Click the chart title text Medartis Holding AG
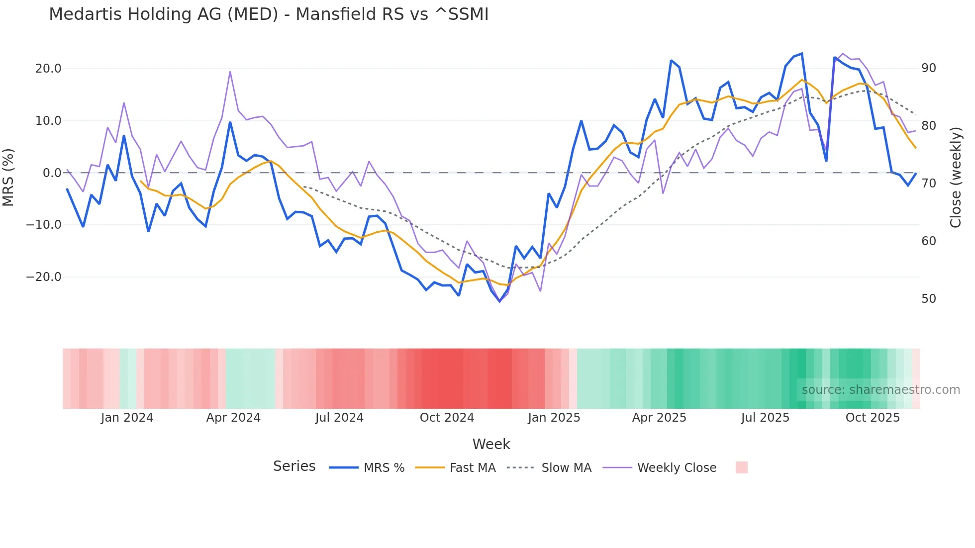click(x=269, y=14)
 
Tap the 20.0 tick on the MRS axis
click(x=48, y=69)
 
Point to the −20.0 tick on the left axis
click(x=44, y=277)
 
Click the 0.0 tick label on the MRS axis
click(x=52, y=173)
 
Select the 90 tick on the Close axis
click(x=928, y=68)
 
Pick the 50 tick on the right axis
click(x=928, y=299)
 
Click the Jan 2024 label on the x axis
click(x=127, y=418)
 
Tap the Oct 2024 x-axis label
click(x=447, y=418)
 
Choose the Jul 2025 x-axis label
click(x=765, y=418)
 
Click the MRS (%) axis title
click(x=8, y=177)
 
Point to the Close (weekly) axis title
click(x=956, y=177)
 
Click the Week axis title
click(x=491, y=444)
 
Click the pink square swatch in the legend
click(x=741, y=467)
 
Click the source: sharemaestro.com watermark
click(x=880, y=390)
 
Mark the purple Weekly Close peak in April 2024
click(x=230, y=72)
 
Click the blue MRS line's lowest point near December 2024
click(x=500, y=301)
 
